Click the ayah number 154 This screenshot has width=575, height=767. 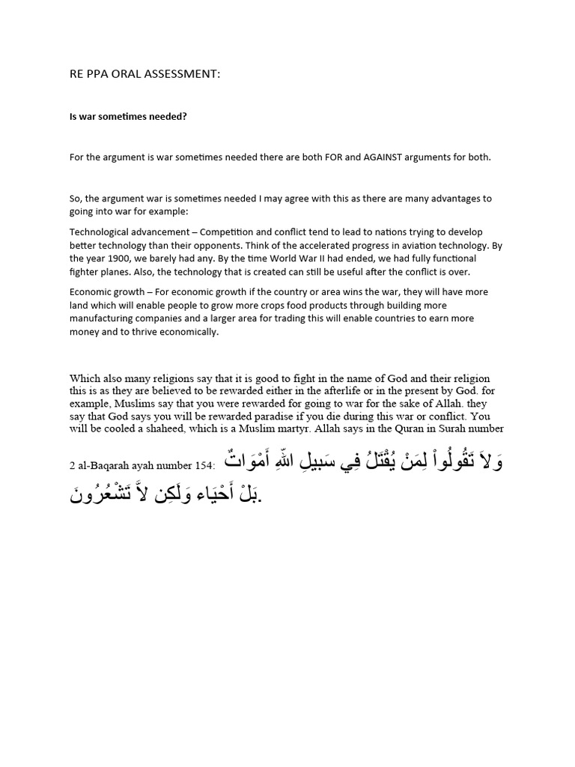(201, 467)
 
